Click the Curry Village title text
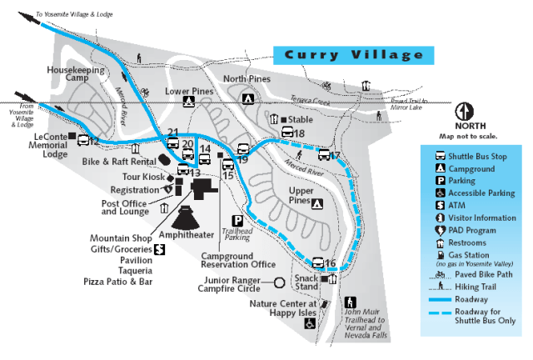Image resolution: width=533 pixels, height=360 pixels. tap(354, 55)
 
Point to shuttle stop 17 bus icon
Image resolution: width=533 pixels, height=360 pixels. tap(324, 154)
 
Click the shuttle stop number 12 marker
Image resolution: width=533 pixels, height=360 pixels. tap(83, 140)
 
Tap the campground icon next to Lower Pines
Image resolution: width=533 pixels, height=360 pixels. tap(189, 102)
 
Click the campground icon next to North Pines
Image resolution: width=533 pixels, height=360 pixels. tap(247, 98)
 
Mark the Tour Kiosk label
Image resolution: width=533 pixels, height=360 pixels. tap(143, 177)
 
